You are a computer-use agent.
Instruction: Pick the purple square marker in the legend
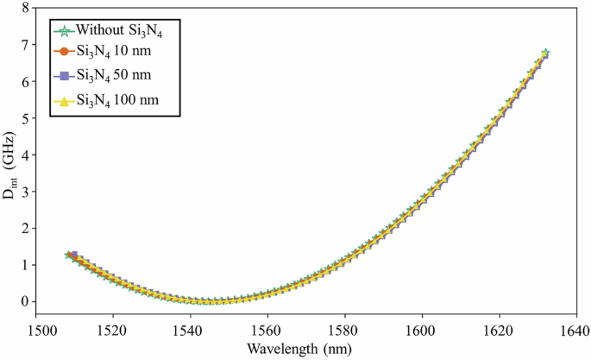(x=63, y=79)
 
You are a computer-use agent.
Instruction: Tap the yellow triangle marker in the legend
(x=63, y=102)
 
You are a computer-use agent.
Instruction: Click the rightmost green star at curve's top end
(x=544, y=53)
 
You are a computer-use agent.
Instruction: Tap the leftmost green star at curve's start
(x=69, y=256)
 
